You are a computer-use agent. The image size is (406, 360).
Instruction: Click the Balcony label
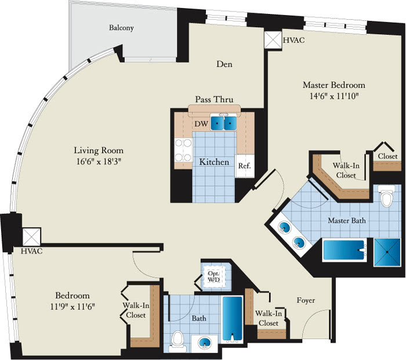(x=121, y=28)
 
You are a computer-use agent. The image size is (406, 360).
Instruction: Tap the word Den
(x=224, y=64)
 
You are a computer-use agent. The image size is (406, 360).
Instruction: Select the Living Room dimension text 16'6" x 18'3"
(x=99, y=162)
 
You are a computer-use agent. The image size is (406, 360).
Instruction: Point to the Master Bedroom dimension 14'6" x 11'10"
(x=334, y=96)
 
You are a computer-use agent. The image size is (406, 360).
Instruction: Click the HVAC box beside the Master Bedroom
(x=273, y=40)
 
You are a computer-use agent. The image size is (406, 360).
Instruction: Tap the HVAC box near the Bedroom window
(x=31, y=237)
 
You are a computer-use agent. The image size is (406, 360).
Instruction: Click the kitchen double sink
(x=223, y=123)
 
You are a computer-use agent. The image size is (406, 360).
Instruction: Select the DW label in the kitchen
(x=201, y=124)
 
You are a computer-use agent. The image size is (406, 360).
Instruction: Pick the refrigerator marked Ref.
(x=244, y=166)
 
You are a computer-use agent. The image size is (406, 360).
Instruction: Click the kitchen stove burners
(x=183, y=150)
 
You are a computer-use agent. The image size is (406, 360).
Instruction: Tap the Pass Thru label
(x=214, y=99)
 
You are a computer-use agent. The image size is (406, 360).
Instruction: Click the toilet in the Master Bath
(x=386, y=196)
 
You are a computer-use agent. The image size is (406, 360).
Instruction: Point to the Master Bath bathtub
(x=344, y=250)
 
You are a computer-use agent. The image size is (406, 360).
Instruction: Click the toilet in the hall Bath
(x=177, y=341)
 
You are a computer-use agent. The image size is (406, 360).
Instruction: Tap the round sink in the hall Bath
(x=205, y=343)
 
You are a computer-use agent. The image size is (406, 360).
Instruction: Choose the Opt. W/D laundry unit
(x=213, y=277)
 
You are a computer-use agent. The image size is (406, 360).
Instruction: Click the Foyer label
(x=306, y=300)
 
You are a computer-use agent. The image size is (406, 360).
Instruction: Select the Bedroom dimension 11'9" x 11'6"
(x=72, y=307)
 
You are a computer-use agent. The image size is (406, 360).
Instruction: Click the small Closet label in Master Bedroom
(x=387, y=156)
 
